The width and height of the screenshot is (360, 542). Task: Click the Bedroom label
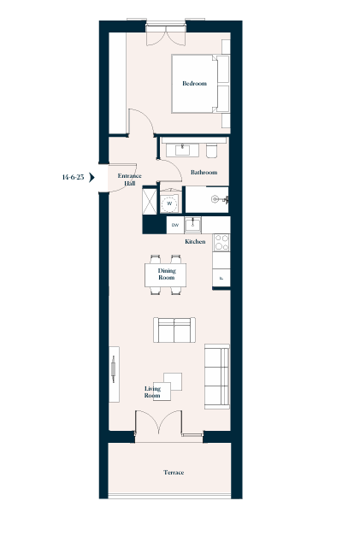194,83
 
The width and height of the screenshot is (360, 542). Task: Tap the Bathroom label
204,172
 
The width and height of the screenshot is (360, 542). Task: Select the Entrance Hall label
129,180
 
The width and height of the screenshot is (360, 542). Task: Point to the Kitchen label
195,242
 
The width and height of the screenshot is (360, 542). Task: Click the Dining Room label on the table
167,274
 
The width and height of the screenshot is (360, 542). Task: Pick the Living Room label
152,392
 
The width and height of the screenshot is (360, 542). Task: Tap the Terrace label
174,473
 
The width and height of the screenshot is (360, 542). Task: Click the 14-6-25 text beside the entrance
73,177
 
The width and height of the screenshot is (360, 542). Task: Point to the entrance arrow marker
91,178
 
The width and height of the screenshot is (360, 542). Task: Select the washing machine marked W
169,203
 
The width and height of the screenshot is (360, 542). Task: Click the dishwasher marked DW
175,226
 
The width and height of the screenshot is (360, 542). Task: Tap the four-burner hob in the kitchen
221,242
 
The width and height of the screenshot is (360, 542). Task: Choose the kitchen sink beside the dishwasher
192,225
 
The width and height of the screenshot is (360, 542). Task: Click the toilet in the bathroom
212,150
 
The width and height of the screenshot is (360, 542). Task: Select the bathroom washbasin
182,150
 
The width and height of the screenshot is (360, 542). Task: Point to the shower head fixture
220,199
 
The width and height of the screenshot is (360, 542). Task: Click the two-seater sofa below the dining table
174,330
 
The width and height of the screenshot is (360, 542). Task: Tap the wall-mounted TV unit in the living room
114,374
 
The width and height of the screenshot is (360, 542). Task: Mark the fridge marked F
221,278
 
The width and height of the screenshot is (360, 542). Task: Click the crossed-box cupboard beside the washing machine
150,201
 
